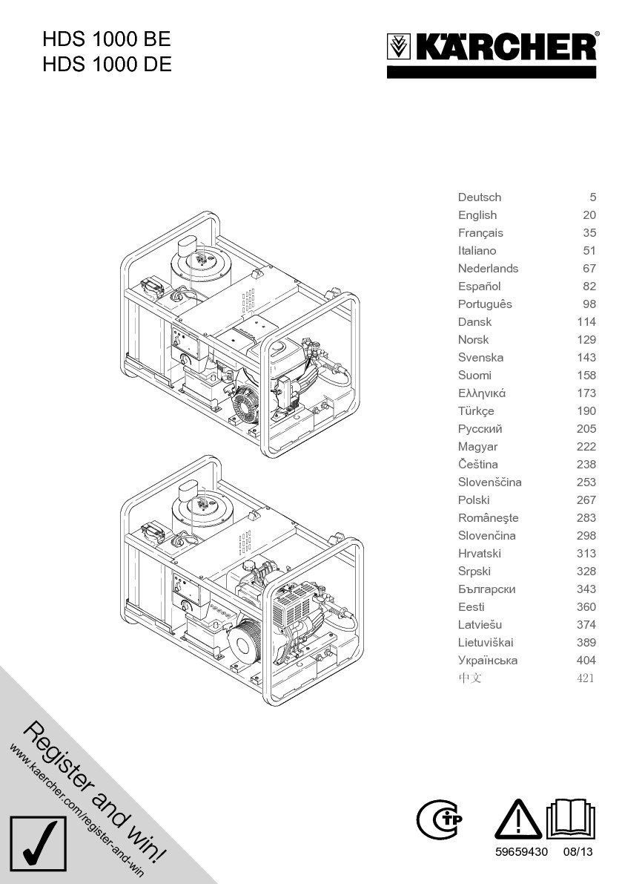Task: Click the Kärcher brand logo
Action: pos(492,49)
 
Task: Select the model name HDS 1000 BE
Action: pos(107,39)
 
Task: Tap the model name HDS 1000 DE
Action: pos(107,65)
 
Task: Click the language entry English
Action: pos(477,215)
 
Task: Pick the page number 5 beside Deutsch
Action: pos(592,197)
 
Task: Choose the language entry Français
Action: pos(480,233)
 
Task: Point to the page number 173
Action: pos(586,393)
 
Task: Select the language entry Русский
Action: pos(480,429)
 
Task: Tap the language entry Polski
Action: pos(474,500)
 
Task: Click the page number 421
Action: pos(586,678)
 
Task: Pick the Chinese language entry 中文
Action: pos(469,678)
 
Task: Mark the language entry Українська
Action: pos(488,661)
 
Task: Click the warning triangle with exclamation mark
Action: pos(518,820)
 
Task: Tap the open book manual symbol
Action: pos(571,820)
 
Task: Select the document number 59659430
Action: pos(521,852)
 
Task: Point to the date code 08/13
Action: pos(578,852)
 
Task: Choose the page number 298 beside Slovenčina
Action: pos(586,536)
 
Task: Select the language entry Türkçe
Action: pos(476,411)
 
